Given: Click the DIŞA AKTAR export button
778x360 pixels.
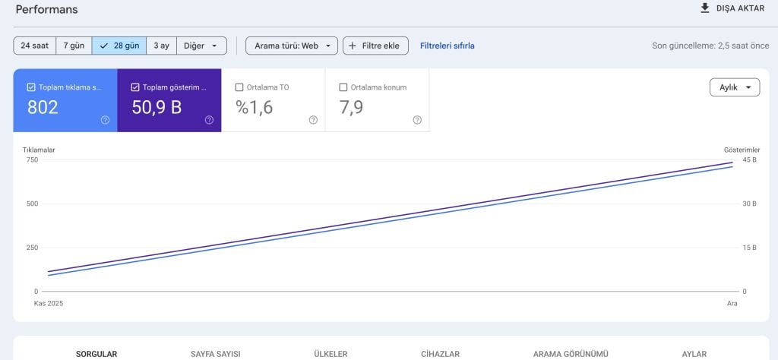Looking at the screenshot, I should (x=732, y=8).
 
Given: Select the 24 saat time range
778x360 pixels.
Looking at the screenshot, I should (x=34, y=46).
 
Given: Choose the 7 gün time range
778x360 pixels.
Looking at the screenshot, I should (x=74, y=46).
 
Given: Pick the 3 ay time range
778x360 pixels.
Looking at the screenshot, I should (x=161, y=46).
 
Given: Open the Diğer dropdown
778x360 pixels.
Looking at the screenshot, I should (x=201, y=46).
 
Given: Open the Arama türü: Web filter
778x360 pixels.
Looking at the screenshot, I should (x=292, y=46).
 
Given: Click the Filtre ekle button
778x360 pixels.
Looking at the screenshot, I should (x=375, y=46).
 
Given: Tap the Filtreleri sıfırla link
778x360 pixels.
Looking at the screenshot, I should (x=448, y=46).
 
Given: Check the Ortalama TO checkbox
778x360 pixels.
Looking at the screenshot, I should (x=239, y=87).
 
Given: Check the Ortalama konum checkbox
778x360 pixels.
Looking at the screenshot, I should (x=343, y=87).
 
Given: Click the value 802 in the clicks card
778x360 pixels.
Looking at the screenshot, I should (x=43, y=108).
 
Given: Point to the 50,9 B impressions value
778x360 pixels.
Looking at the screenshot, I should (x=157, y=108).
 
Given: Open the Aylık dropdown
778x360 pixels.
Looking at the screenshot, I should (x=734, y=87).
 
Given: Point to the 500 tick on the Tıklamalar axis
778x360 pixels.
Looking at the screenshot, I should (x=31, y=204).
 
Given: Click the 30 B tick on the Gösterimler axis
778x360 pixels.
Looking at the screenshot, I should (x=749, y=204).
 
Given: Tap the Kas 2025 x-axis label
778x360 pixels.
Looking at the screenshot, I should (x=49, y=303).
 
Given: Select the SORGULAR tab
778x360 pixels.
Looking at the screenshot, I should (x=96, y=354).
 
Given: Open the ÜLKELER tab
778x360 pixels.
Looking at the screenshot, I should (x=330, y=354).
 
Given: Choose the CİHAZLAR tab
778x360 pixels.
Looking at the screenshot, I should (x=440, y=354).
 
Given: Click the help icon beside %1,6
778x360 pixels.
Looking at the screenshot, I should (x=313, y=120).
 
